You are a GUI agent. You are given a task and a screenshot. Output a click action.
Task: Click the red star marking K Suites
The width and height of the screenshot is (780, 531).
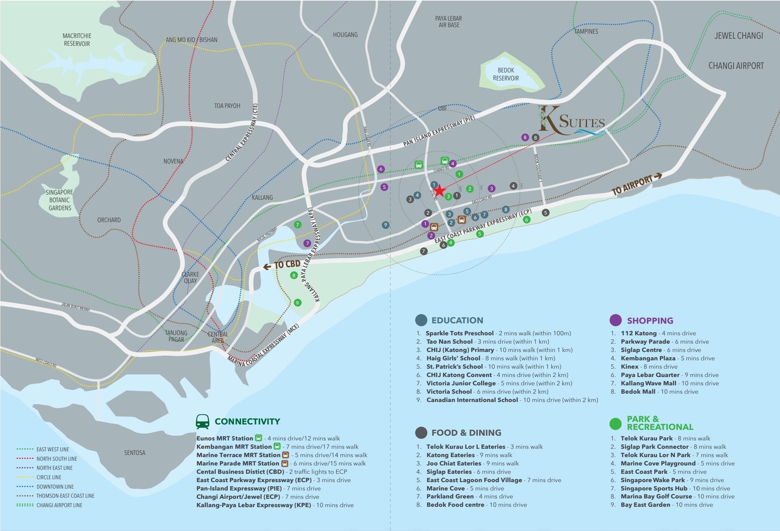click(x=439, y=190)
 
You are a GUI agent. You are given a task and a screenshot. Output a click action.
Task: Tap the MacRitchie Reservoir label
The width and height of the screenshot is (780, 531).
click(x=77, y=40)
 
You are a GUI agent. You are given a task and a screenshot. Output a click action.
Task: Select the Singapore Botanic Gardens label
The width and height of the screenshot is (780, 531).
click(x=60, y=200)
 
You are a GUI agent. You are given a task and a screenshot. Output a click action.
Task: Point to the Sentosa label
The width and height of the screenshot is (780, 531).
click(x=135, y=453)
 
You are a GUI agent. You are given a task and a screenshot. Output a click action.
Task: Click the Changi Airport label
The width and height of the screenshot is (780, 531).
click(x=736, y=66)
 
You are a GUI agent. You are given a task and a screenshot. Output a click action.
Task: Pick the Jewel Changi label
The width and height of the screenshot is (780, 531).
click(x=739, y=36)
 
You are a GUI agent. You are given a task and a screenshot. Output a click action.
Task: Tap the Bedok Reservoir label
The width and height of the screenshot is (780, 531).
click(x=506, y=75)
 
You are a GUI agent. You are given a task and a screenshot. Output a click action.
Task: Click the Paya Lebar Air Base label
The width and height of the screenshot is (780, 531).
click(x=448, y=21)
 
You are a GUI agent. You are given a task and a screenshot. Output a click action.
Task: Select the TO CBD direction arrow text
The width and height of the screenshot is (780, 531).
click(x=282, y=265)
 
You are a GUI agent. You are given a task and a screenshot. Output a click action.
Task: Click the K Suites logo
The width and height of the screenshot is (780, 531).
click(x=571, y=120)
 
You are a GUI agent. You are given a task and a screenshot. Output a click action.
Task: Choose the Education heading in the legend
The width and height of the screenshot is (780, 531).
click(x=457, y=321)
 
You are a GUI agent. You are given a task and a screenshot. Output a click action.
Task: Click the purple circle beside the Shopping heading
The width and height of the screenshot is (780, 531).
click(x=616, y=320)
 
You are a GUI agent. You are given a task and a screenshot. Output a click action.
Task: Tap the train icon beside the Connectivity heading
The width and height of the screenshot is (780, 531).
click(x=202, y=421)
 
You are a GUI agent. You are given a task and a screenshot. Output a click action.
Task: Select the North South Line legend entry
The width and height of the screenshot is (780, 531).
click(x=57, y=459)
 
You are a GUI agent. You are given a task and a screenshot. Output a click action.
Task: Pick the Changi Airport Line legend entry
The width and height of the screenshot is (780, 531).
click(x=59, y=505)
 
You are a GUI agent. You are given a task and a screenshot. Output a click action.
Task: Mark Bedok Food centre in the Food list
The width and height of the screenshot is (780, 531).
click(x=455, y=505)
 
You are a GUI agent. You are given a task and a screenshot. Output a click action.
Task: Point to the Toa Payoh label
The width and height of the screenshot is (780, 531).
click(x=227, y=106)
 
